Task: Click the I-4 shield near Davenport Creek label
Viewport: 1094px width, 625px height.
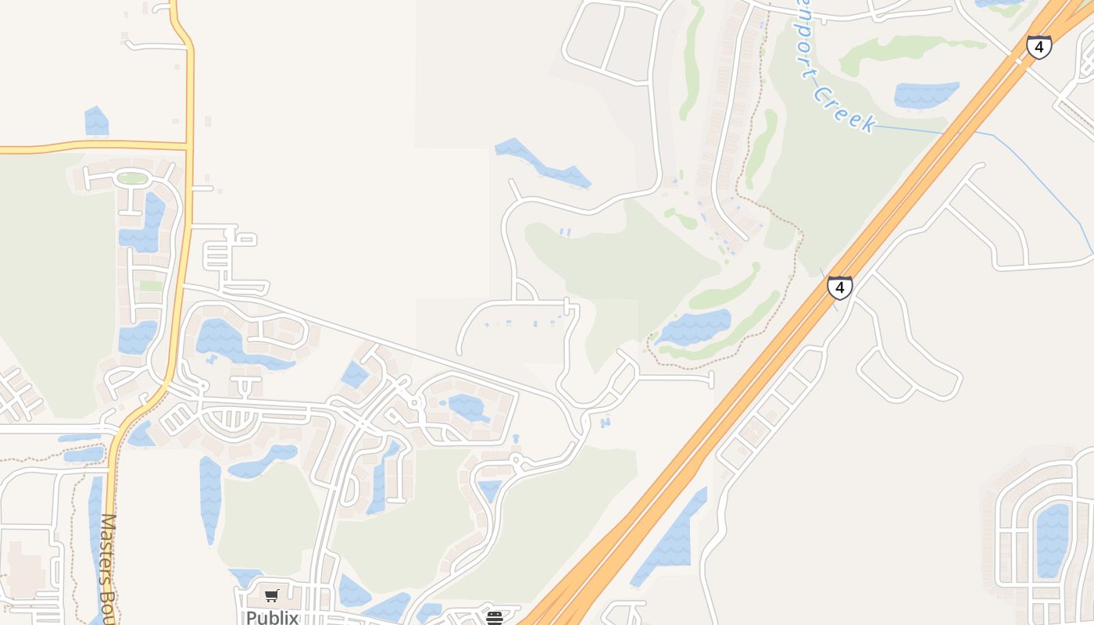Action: (x=1039, y=48)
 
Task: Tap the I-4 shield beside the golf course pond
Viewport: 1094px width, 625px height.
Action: (x=839, y=287)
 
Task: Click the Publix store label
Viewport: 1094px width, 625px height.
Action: (x=272, y=617)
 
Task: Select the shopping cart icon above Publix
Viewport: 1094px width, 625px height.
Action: (x=272, y=596)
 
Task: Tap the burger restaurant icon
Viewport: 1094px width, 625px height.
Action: (x=494, y=618)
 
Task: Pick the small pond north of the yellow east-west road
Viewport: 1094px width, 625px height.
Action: (x=96, y=123)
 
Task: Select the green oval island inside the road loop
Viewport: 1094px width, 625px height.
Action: (x=132, y=178)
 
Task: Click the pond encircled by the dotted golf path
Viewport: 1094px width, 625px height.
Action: (x=694, y=327)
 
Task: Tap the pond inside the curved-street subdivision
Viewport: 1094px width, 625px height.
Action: (x=1052, y=539)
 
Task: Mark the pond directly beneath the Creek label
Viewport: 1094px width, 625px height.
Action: (x=925, y=95)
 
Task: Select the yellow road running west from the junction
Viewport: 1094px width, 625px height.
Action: (x=94, y=146)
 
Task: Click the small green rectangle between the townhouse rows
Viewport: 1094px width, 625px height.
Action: (x=151, y=286)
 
